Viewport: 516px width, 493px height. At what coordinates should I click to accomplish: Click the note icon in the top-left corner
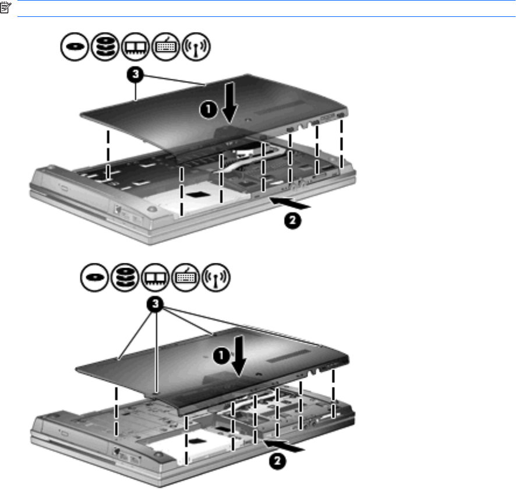[x=6, y=8]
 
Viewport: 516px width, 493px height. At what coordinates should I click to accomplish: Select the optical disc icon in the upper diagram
[x=75, y=47]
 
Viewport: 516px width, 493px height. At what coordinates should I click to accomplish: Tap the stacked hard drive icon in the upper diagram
[x=105, y=47]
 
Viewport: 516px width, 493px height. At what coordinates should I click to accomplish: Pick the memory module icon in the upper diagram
[x=135, y=47]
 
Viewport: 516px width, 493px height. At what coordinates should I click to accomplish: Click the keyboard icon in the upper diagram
[x=166, y=47]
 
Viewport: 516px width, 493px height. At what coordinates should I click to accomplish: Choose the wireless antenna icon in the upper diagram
[x=196, y=47]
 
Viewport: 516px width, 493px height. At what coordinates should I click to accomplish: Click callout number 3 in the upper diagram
[x=135, y=75]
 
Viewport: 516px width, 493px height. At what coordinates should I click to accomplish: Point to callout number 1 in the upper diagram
[x=208, y=110]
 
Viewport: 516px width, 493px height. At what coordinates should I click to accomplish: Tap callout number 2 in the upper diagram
[x=292, y=220]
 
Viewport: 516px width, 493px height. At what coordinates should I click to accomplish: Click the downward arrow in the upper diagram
[x=229, y=103]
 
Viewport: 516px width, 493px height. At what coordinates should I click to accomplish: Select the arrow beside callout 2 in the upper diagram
[x=290, y=203]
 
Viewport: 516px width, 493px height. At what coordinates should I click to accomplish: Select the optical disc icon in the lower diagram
[x=94, y=277]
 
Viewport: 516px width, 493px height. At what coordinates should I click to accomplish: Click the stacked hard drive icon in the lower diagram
[x=125, y=277]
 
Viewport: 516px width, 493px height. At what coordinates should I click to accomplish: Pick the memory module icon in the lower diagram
[x=155, y=277]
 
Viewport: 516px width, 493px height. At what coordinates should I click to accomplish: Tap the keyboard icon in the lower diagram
[x=186, y=277]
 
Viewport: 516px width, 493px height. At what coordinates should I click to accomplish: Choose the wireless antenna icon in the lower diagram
[x=215, y=277]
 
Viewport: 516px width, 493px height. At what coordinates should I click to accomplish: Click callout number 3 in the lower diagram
[x=155, y=304]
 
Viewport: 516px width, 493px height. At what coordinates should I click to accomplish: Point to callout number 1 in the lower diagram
[x=221, y=355]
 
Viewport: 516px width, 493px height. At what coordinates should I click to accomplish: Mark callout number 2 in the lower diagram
[x=277, y=461]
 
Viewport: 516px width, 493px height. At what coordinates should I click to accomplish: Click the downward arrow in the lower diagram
[x=239, y=356]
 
